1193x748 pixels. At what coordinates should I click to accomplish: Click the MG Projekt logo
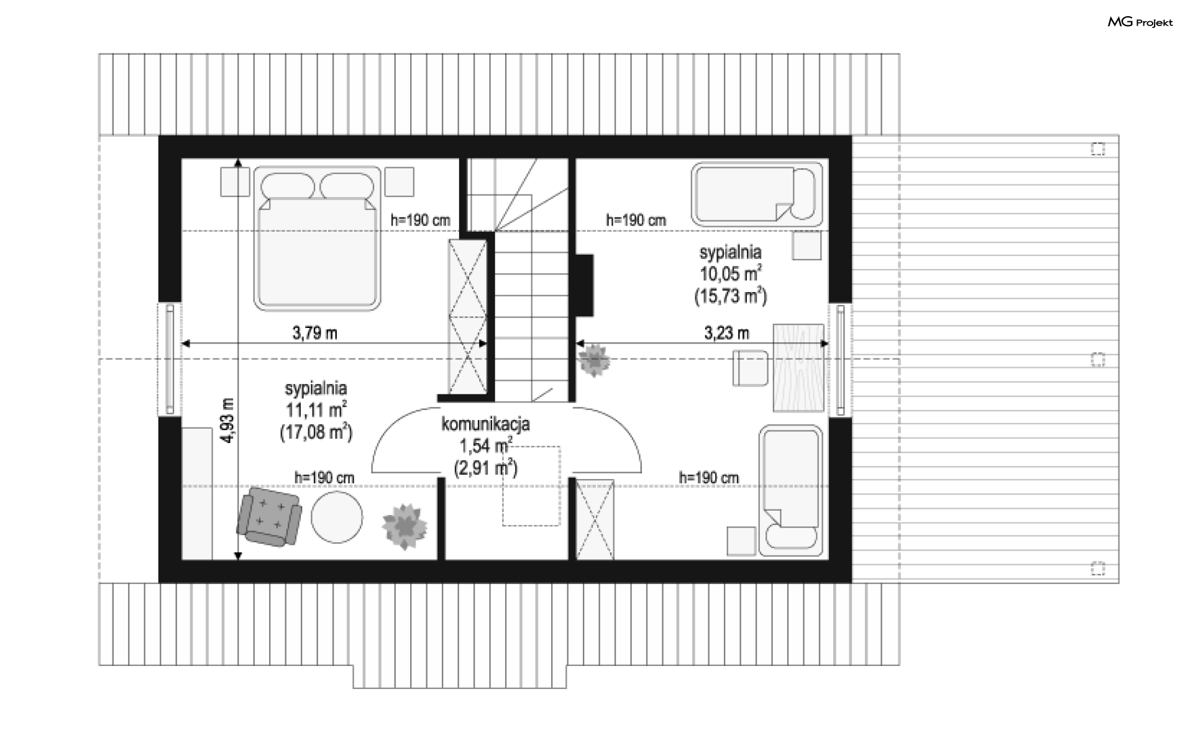tap(1140, 22)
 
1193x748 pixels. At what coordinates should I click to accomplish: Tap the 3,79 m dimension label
tap(315, 333)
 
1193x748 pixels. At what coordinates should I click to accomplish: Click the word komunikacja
tap(485, 424)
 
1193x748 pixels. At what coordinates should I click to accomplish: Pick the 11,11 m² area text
tap(316, 410)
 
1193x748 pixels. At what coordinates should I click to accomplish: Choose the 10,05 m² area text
tap(731, 274)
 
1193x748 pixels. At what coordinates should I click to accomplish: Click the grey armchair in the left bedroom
tap(269, 516)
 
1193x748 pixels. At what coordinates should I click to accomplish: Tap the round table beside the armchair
tap(337, 517)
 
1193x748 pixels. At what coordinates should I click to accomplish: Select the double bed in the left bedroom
tap(317, 237)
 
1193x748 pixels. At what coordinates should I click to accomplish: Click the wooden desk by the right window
tap(798, 367)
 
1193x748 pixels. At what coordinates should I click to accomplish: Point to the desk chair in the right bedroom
tap(751, 368)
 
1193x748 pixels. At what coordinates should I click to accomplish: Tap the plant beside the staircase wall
tap(594, 360)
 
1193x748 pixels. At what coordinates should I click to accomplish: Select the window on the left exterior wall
tap(170, 358)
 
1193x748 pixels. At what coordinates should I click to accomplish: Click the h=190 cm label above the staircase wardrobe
tap(420, 220)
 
